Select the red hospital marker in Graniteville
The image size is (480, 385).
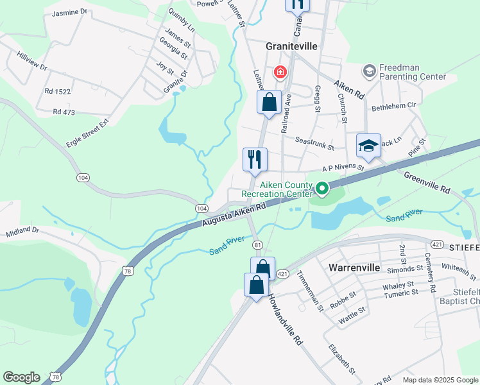(280, 72)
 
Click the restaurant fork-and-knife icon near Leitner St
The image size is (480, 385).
(255, 158)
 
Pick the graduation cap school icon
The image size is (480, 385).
(368, 145)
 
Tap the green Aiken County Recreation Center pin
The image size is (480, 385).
(321, 189)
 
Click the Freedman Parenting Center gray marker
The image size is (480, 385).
(369, 70)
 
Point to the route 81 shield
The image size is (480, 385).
(258, 244)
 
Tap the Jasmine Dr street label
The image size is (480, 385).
(69, 12)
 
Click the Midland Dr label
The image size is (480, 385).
(22, 230)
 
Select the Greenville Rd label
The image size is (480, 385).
(429, 181)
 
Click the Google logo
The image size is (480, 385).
(22, 377)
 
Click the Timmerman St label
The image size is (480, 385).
(309, 291)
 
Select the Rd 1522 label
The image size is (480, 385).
(58, 92)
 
